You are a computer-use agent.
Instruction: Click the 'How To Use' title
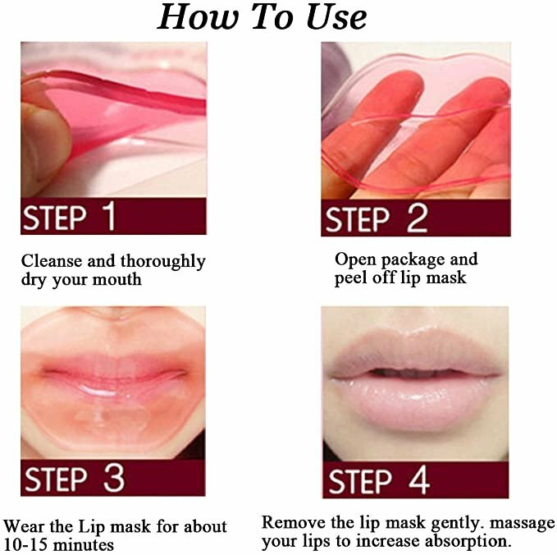262,17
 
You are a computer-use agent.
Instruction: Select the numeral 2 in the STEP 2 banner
416,219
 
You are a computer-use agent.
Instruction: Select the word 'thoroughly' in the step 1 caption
163,262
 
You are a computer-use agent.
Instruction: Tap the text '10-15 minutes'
59,544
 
